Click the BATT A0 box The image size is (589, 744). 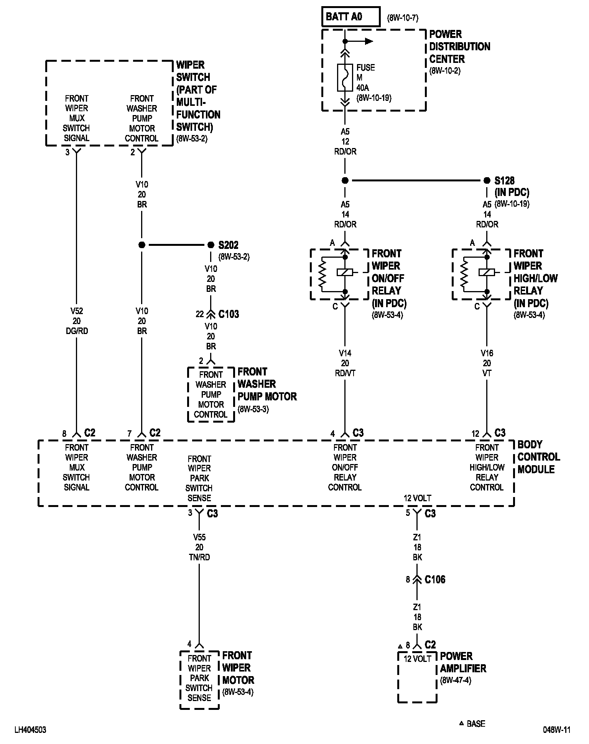(x=351, y=17)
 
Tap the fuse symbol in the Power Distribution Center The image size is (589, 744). (x=345, y=78)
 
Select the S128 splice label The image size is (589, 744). (x=504, y=181)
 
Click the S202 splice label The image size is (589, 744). (x=229, y=245)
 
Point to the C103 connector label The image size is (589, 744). (x=229, y=314)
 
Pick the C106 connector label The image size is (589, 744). (x=435, y=579)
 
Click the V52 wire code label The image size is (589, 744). (x=77, y=311)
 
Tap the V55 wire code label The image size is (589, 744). (x=199, y=537)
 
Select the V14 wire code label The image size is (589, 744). (x=345, y=353)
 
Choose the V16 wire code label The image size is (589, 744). (x=487, y=353)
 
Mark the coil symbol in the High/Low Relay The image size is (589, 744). (x=487, y=272)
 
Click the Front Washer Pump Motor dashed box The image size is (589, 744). (x=211, y=395)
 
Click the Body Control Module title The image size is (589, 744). (x=538, y=457)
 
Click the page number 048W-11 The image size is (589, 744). (x=556, y=730)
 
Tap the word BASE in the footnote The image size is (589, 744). (x=476, y=724)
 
